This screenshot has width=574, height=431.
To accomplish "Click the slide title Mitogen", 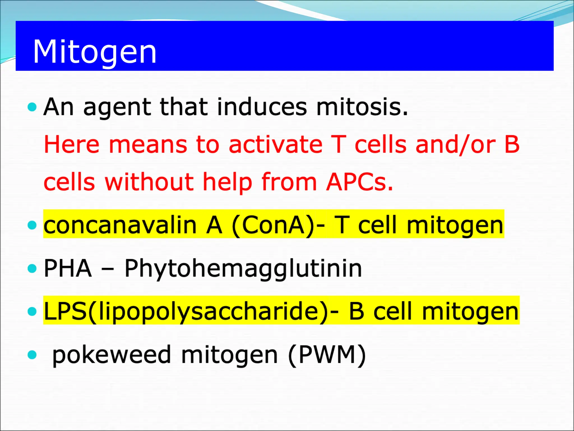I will point(94,52).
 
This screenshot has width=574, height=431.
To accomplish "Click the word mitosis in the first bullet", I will point(362,107).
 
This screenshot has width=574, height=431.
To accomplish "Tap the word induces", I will point(262,107).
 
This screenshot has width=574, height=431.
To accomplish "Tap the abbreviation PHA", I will point(68,269).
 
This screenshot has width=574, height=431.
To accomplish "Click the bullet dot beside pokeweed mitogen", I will point(33,355).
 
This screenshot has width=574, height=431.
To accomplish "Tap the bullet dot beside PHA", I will point(33,269).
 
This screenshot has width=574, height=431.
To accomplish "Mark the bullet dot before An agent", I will point(33,107).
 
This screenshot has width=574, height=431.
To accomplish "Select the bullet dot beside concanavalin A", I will point(33,225).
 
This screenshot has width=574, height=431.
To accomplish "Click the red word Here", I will point(72,145).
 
